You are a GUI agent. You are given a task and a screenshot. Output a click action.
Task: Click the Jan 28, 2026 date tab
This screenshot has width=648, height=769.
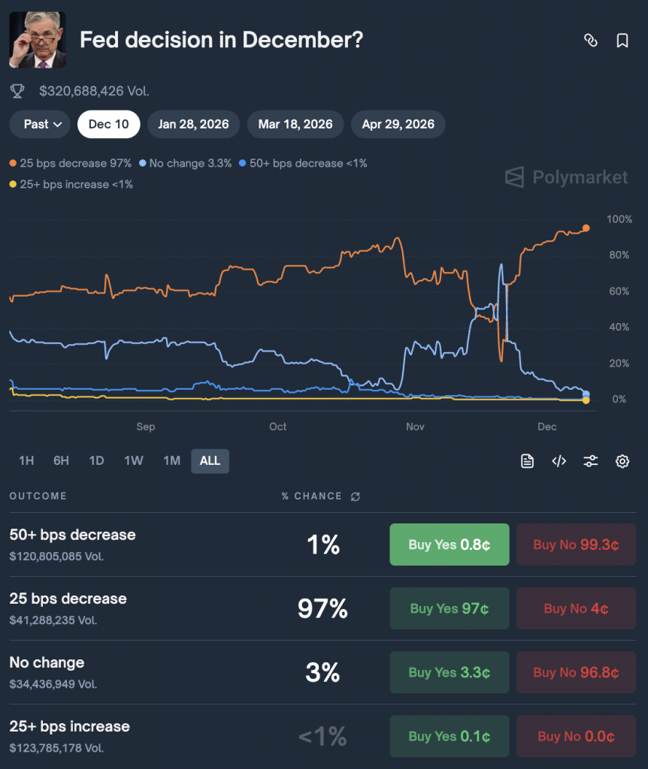(x=193, y=124)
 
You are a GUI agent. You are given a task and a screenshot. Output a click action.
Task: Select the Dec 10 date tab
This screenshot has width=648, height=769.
(x=108, y=124)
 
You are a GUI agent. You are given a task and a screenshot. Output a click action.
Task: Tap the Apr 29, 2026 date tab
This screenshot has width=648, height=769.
(x=398, y=124)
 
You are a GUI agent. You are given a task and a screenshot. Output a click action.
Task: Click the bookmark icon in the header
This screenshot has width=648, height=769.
(x=622, y=41)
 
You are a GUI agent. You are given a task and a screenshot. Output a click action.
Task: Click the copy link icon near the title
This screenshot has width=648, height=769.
(x=591, y=41)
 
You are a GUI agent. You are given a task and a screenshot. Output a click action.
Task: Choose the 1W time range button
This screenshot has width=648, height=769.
(x=133, y=460)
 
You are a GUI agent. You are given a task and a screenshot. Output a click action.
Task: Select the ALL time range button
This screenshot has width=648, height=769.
(x=210, y=460)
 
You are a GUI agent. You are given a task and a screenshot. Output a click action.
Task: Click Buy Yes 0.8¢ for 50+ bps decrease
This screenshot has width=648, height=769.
(x=449, y=544)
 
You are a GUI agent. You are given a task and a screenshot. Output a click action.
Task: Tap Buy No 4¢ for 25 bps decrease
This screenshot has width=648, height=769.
(x=576, y=608)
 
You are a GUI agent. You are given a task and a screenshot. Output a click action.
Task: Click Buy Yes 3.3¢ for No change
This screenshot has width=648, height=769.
(x=449, y=672)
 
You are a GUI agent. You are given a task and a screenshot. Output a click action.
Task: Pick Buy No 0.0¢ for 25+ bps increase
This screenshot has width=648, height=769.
(x=576, y=736)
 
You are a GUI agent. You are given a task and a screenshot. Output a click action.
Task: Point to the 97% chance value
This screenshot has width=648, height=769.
(x=322, y=609)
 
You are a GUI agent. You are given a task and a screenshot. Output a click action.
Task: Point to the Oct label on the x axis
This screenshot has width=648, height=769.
(x=277, y=427)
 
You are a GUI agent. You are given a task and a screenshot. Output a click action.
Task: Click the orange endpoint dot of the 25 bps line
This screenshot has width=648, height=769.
(x=586, y=228)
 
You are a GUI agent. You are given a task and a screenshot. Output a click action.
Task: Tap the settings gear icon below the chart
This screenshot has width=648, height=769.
(x=622, y=461)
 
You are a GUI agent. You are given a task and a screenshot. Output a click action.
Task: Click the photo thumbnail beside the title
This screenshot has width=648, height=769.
(x=37, y=40)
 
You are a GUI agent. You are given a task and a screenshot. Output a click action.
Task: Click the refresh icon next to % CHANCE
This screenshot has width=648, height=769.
(x=356, y=496)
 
